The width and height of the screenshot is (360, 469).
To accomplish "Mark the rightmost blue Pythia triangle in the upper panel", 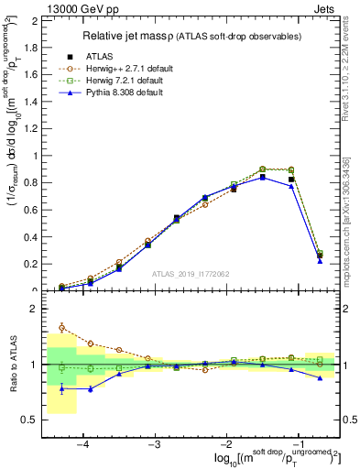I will tap(320, 261).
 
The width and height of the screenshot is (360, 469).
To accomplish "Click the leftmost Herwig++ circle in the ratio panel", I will tap(61, 327).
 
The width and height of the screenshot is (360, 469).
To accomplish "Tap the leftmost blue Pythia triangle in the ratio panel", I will tap(61, 388).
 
